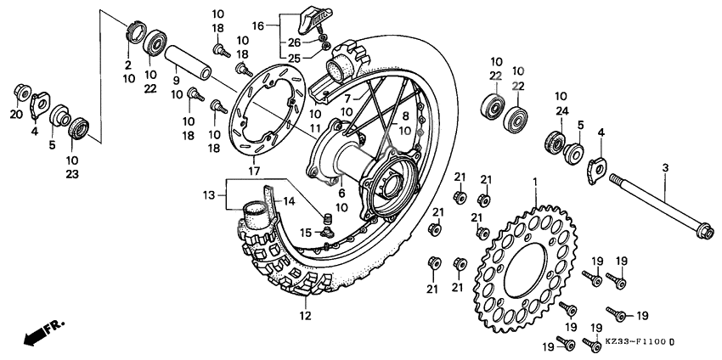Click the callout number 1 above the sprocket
(x=535, y=183)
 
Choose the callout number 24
(x=561, y=110)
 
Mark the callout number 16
(x=258, y=26)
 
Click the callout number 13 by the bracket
(x=210, y=195)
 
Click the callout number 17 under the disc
(x=253, y=172)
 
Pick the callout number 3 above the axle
(x=665, y=169)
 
